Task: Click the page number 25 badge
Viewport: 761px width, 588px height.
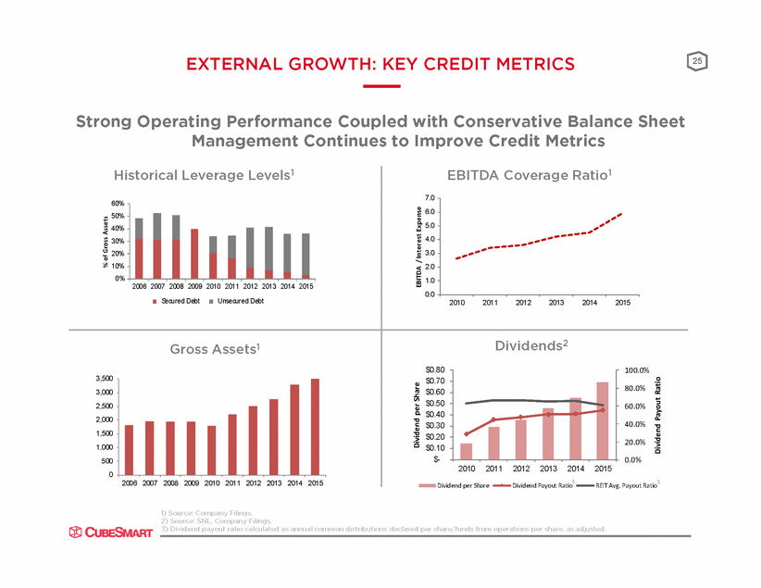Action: (696, 61)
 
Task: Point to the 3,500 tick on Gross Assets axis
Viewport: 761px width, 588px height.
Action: (105, 379)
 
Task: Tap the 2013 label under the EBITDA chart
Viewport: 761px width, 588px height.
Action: (556, 303)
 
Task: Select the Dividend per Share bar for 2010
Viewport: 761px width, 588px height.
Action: (466, 451)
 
